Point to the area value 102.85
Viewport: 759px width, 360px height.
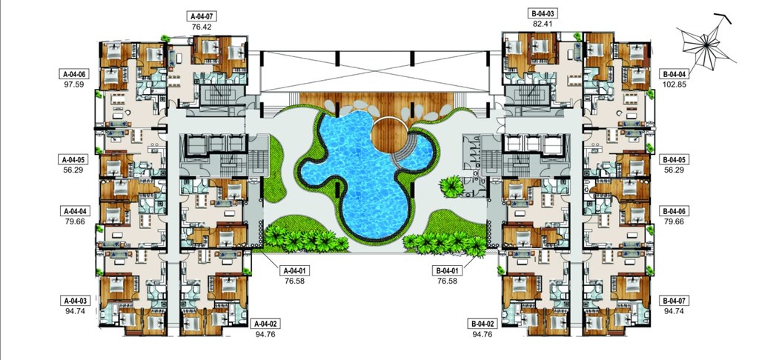tap(675, 84)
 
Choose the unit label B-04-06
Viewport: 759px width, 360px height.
tap(675, 210)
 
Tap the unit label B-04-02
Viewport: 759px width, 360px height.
tap(482, 324)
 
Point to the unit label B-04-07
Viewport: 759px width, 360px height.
tap(675, 301)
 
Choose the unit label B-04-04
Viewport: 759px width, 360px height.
tap(675, 74)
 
